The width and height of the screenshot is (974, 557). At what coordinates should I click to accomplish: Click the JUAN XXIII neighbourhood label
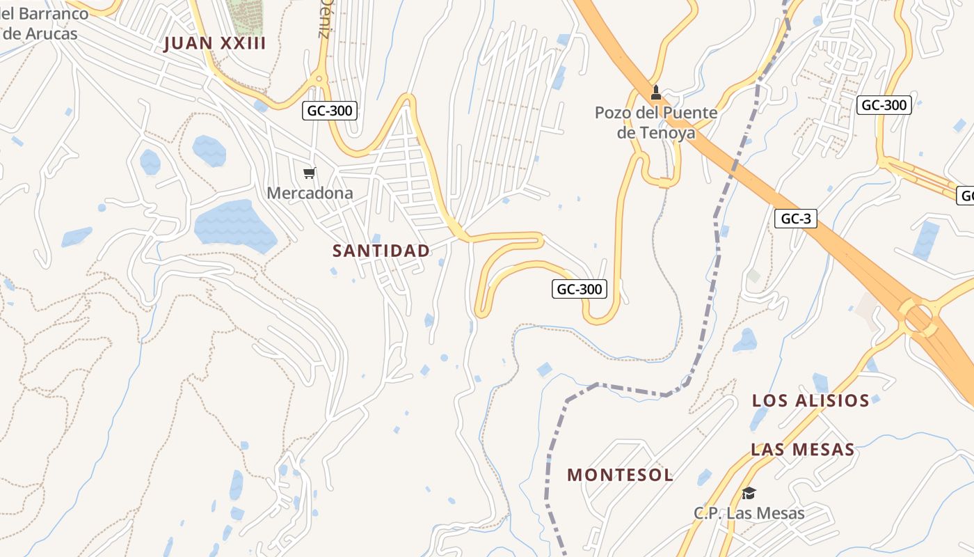coord(214,44)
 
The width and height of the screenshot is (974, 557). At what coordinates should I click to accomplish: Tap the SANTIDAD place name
coord(381,251)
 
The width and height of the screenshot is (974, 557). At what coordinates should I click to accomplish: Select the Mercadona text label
coord(310,193)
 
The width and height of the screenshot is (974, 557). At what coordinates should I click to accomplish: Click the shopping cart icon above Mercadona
coord(310,173)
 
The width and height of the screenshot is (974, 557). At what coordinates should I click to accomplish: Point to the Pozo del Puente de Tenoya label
coord(655,122)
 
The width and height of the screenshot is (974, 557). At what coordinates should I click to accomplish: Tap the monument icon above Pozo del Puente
coord(655,92)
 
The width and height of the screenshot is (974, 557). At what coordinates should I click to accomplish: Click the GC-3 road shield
coord(795,219)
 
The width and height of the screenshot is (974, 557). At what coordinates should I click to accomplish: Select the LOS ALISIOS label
coord(811,401)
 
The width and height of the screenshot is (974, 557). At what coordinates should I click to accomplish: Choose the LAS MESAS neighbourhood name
coord(802,450)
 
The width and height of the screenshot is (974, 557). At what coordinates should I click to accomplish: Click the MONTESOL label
coord(620,475)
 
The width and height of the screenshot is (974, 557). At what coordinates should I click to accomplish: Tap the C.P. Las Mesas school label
coord(749,514)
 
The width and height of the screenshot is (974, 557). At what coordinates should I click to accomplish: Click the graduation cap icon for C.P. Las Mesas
coord(749,493)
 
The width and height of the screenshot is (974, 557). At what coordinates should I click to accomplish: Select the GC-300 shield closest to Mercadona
coord(330,110)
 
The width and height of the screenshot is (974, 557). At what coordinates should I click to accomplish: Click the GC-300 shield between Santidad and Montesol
coord(579,289)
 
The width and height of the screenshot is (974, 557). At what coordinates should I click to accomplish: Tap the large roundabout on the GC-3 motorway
coord(918,317)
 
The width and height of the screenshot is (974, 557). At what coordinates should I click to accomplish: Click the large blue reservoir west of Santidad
coord(234,224)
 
